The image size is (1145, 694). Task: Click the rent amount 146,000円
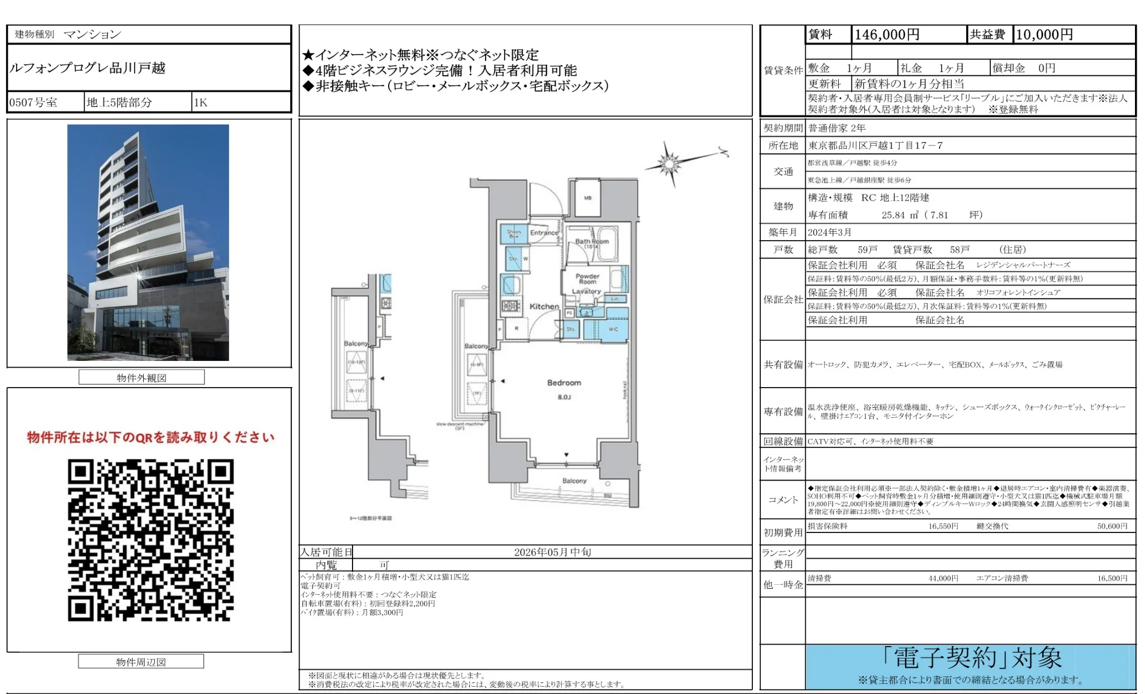887,35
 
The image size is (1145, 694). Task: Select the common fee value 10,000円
1044,35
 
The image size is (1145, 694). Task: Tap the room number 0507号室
33,102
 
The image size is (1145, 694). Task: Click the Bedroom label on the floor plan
564,383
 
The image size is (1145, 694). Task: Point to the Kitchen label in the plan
544,306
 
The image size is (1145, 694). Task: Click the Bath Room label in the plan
591,241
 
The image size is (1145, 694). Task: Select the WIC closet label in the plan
613,329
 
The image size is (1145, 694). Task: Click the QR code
150,540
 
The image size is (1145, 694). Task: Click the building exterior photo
148,242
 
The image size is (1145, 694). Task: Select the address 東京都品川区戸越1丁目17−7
875,145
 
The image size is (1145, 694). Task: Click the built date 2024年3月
829,232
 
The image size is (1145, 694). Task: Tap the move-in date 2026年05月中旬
552,552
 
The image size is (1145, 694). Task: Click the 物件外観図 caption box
141,378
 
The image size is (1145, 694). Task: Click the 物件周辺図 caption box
141,662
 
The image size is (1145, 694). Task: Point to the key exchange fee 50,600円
1112,526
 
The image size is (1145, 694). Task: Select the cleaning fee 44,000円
943,579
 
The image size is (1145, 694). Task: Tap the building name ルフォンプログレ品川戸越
87,68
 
